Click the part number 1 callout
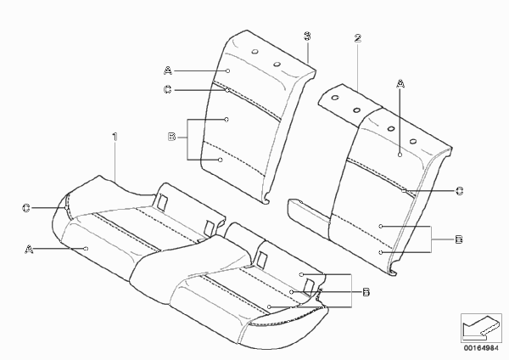[115, 137]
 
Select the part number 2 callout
[357, 38]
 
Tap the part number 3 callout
[307, 36]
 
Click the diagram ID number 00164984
[481, 348]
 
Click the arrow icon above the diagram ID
[481, 328]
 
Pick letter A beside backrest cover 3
[168, 70]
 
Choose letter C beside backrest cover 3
[167, 89]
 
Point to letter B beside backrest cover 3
[171, 137]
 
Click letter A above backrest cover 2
[400, 84]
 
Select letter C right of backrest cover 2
[460, 191]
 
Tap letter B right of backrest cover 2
[459, 239]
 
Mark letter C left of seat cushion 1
[26, 208]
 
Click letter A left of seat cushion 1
[29, 250]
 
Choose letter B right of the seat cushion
[366, 292]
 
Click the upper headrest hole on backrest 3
[255, 52]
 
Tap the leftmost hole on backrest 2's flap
[335, 97]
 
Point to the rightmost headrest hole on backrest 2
[413, 141]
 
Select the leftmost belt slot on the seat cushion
[162, 201]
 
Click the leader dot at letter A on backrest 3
[228, 70]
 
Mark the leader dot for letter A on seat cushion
[86, 249]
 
